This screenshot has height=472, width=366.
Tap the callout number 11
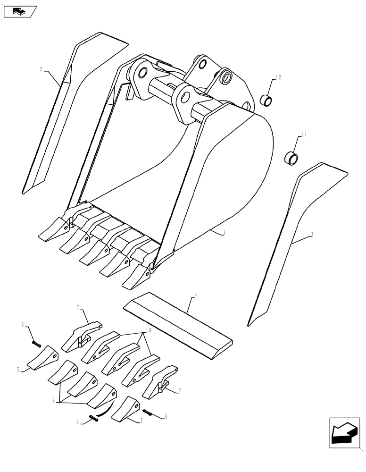(304, 135)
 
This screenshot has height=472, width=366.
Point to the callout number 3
(312, 235)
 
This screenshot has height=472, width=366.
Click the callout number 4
(195, 296)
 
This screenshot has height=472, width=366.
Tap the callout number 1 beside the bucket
(224, 233)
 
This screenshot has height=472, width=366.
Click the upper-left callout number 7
(79, 307)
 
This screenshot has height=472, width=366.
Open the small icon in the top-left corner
(19, 11)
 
